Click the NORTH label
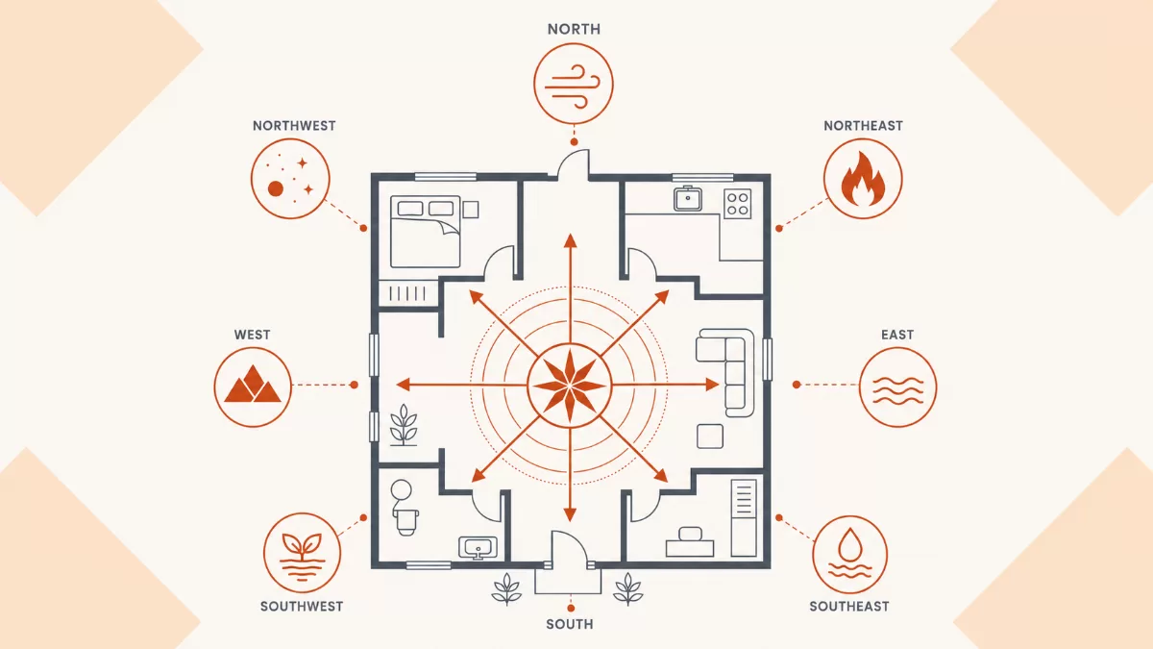coord(574,30)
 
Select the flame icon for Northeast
coord(863,179)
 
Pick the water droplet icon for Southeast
coord(849,556)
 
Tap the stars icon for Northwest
coord(290,179)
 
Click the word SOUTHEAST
coord(849,607)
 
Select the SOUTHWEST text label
coord(302,607)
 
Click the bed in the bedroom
coord(425,232)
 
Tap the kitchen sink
coord(688,198)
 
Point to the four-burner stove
coord(738,204)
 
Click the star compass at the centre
coord(569,385)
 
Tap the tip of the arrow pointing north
coord(570,234)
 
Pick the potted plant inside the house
coord(404,425)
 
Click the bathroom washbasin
coord(478,548)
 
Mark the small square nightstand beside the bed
coord(471,210)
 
